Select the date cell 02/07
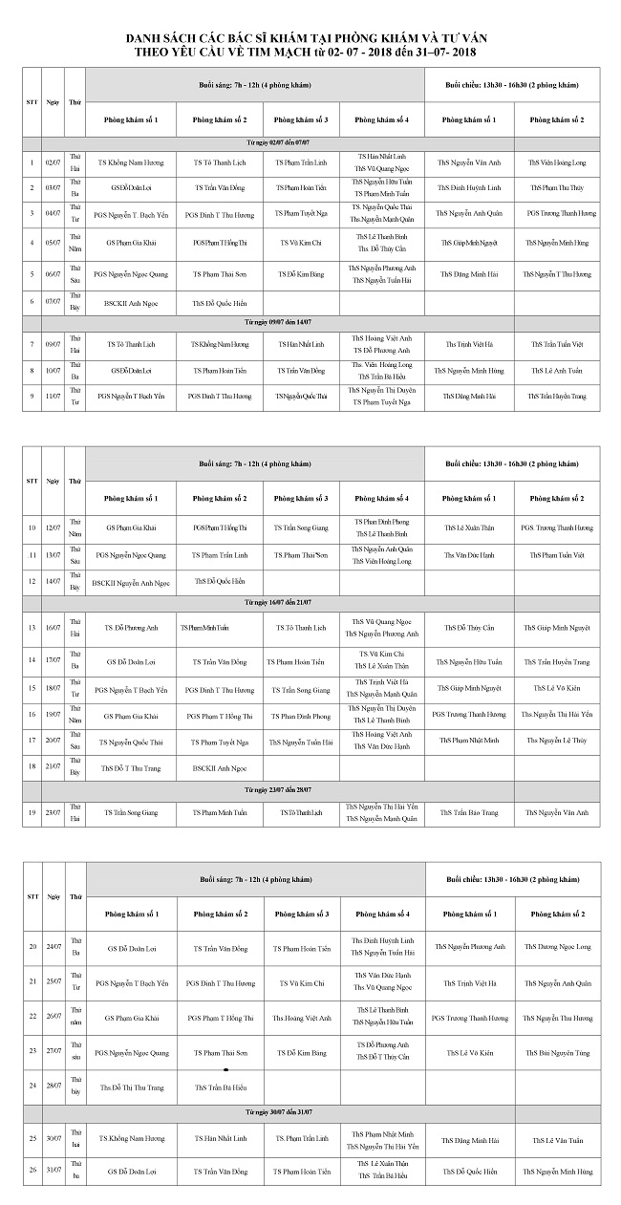(54, 163)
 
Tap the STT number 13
(32, 628)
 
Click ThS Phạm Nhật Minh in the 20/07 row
(469, 741)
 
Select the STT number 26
(32, 1171)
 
